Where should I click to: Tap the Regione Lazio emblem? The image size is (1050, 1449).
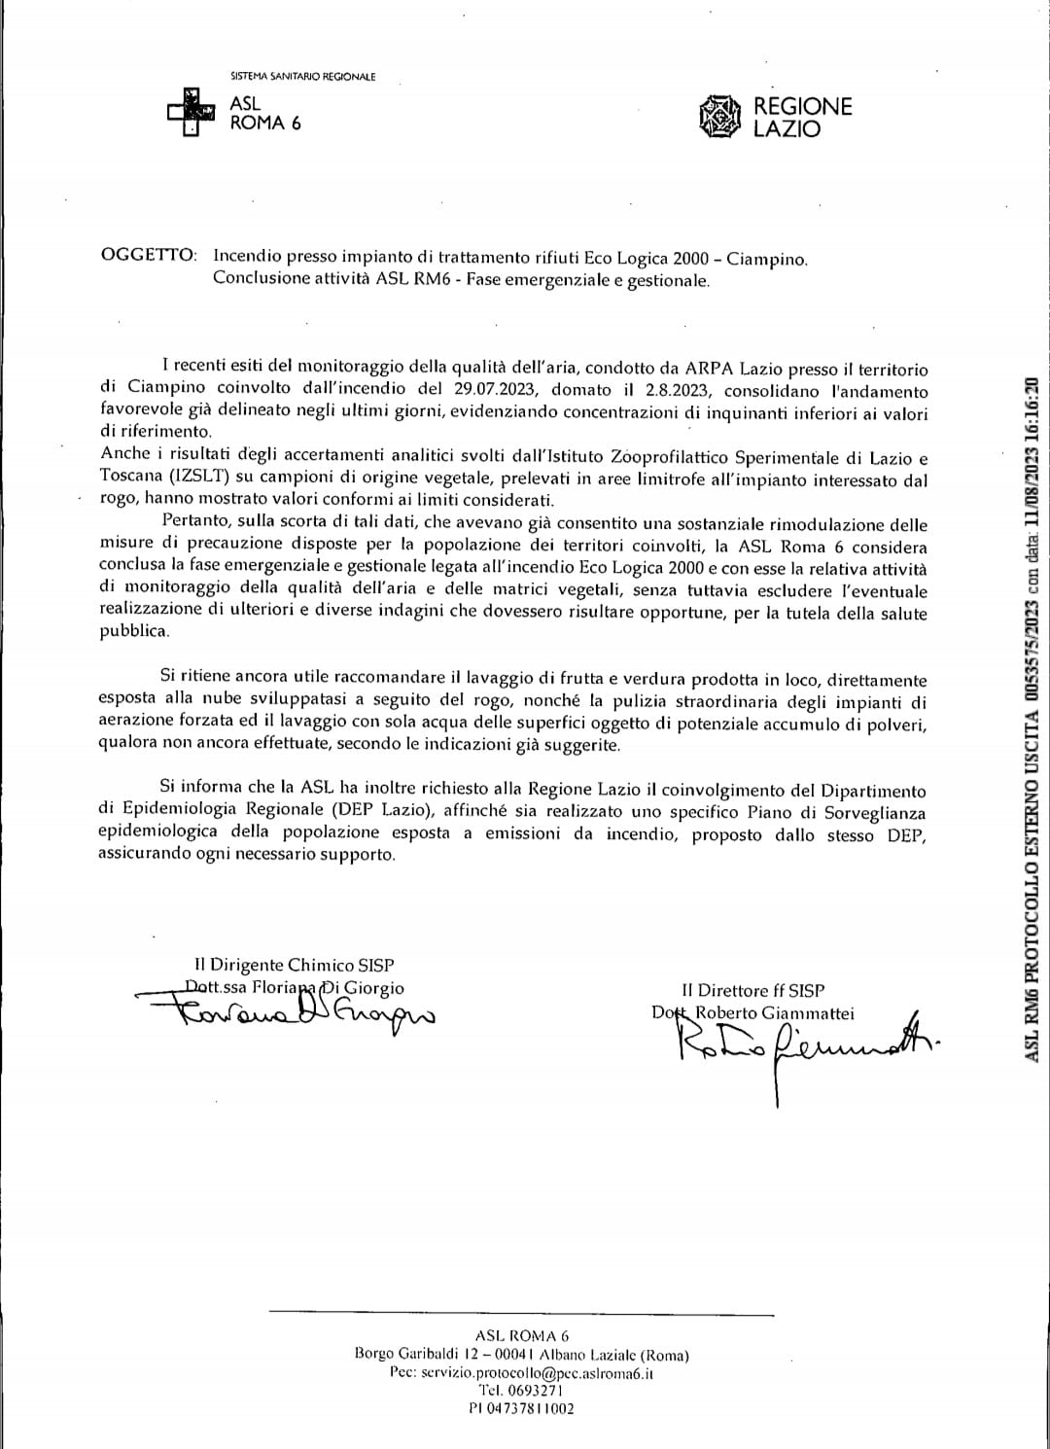[x=720, y=116]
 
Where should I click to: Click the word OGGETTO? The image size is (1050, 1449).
[x=148, y=256]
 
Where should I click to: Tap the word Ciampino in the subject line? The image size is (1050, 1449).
[x=767, y=259]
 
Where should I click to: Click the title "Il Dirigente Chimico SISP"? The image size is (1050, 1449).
[x=294, y=965]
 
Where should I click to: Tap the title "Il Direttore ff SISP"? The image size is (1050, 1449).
[x=752, y=990]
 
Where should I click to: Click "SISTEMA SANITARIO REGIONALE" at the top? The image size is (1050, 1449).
[x=302, y=77]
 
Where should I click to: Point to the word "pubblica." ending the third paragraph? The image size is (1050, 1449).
[x=134, y=631]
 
